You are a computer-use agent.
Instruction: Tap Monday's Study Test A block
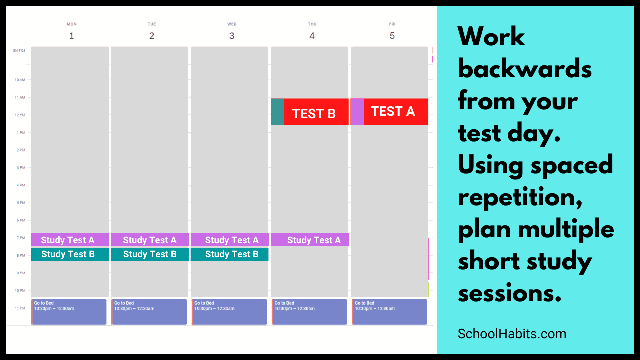pyautogui.click(x=70, y=240)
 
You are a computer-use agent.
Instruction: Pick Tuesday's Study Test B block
pyautogui.click(x=150, y=254)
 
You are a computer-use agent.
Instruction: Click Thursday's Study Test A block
pyautogui.click(x=310, y=240)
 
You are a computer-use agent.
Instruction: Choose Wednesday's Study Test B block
pyautogui.click(x=230, y=254)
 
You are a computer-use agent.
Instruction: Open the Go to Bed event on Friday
pyautogui.click(x=389, y=312)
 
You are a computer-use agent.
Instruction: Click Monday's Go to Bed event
pyautogui.click(x=69, y=312)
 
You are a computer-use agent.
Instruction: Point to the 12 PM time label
pyautogui.click(x=20, y=115)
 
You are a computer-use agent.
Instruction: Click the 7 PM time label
pyautogui.click(x=21, y=238)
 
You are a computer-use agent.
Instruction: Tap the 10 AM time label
pyautogui.click(x=20, y=80)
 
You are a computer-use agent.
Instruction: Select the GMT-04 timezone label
pyautogui.click(x=19, y=51)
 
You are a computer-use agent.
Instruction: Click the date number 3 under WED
pyautogui.click(x=232, y=36)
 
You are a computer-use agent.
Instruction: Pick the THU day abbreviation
pyautogui.click(x=312, y=24)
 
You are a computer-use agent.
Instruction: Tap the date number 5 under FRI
pyautogui.click(x=392, y=36)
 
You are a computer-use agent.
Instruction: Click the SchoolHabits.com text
pyautogui.click(x=512, y=334)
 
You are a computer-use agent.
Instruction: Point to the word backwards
pyautogui.click(x=525, y=69)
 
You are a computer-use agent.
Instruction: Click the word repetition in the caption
pyautogui.click(x=520, y=197)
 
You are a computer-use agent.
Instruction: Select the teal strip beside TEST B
pyautogui.click(x=277, y=112)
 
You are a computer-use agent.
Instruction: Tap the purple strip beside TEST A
pyautogui.click(x=357, y=112)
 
